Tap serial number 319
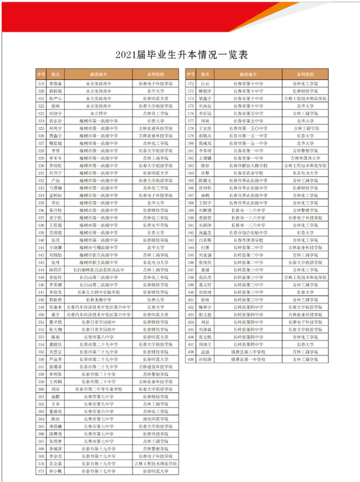(41, 83)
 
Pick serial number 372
(191, 83)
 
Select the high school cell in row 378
(249, 127)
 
